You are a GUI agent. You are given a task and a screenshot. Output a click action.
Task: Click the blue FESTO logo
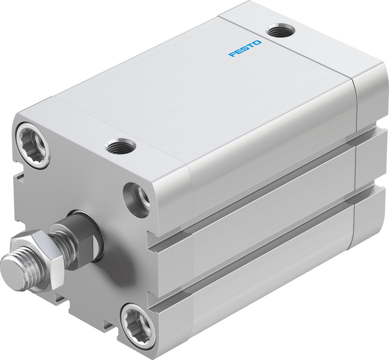coord(245,49)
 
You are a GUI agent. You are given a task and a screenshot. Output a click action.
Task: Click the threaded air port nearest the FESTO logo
coord(279,30)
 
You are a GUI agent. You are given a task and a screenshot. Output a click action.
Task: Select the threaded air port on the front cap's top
coord(120,147)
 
